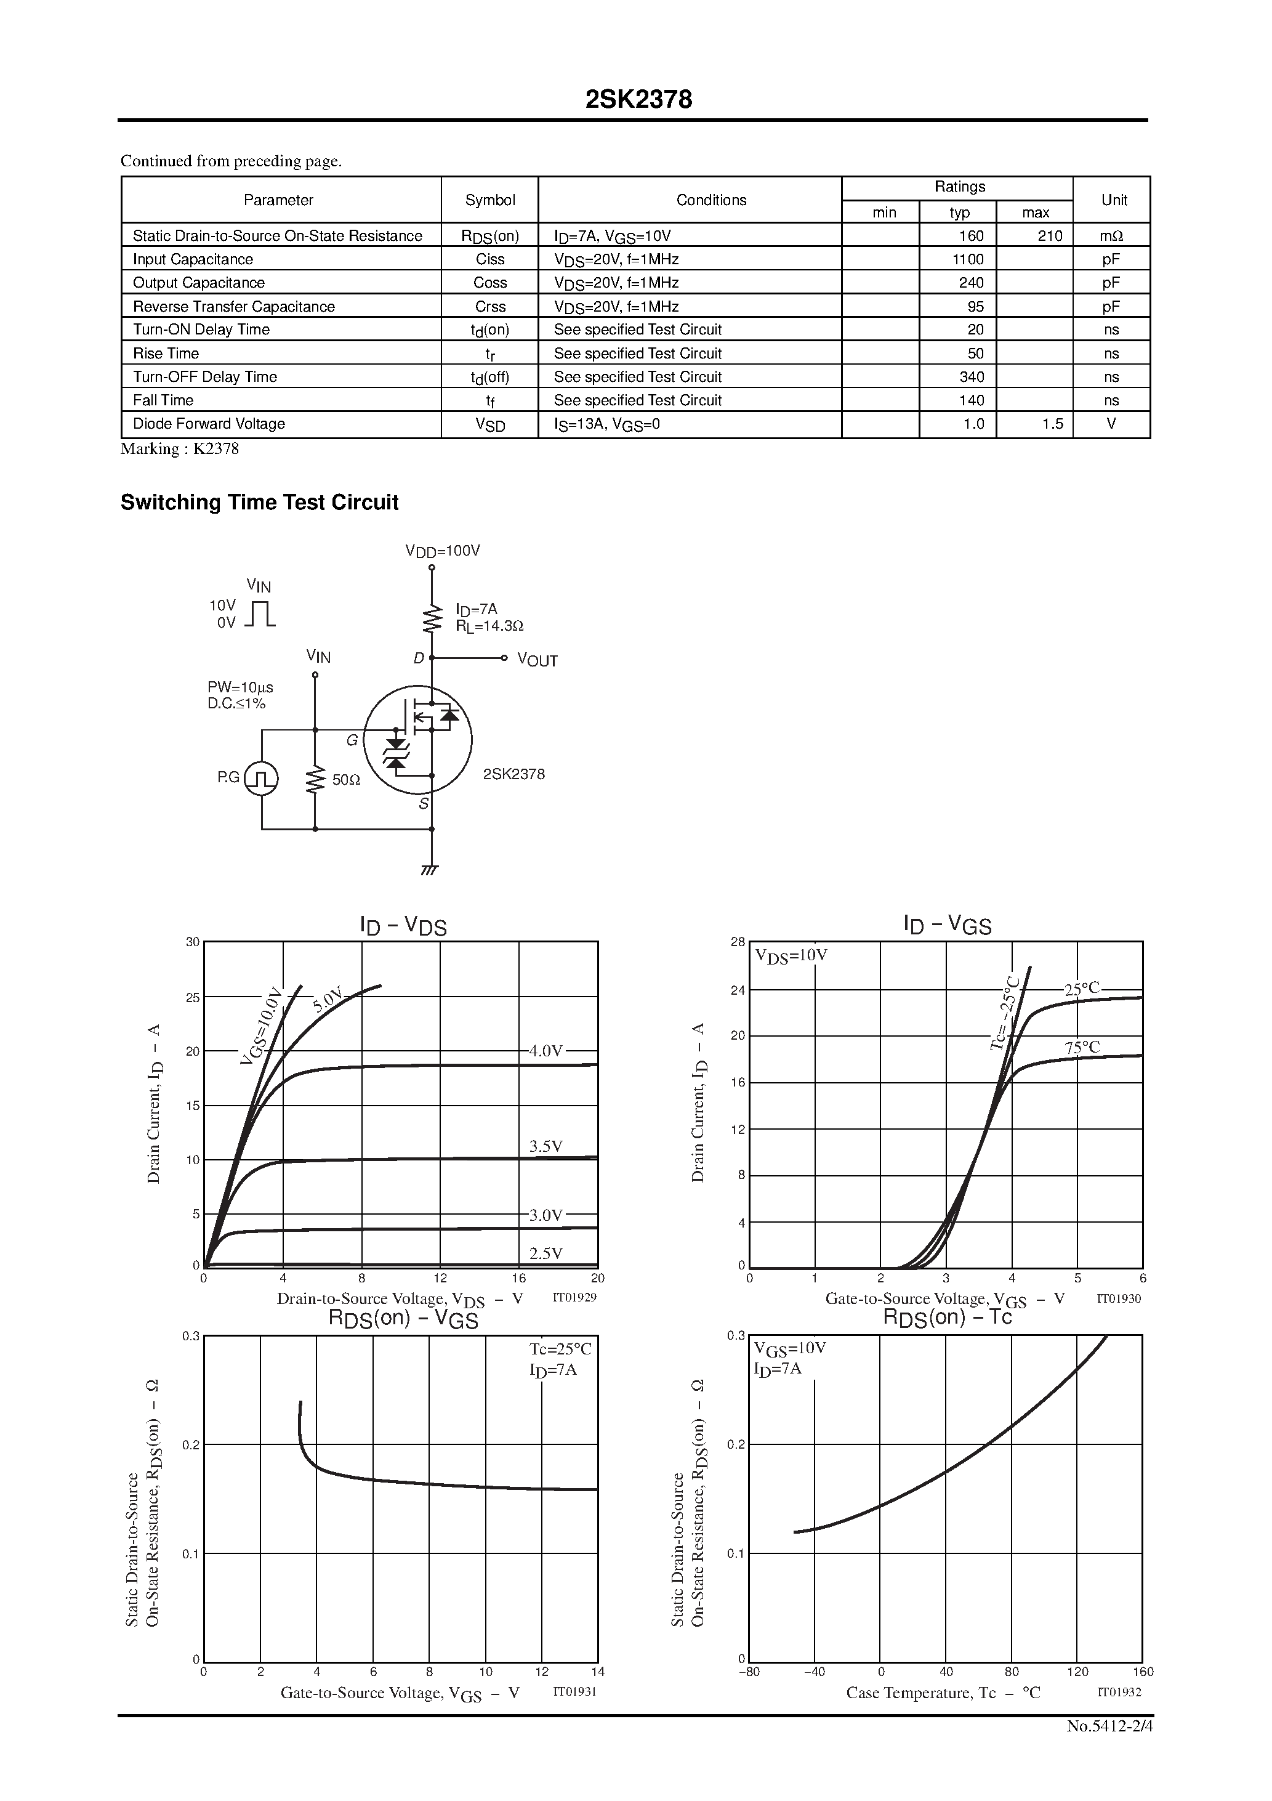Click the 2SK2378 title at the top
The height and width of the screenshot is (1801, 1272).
pyautogui.click(x=638, y=100)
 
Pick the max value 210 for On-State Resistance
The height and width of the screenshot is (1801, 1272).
pyautogui.click(x=1049, y=235)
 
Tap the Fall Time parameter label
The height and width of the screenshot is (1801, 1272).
pyautogui.click(x=163, y=400)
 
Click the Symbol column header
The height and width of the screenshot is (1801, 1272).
pyautogui.click(x=490, y=200)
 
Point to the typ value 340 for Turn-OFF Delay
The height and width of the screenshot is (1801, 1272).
pyautogui.click(x=972, y=376)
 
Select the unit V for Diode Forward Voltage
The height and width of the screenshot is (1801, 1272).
pyautogui.click(x=1111, y=424)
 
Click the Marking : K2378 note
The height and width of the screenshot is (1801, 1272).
pyautogui.click(x=180, y=448)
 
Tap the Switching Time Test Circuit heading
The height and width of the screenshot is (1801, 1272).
pyautogui.click(x=260, y=502)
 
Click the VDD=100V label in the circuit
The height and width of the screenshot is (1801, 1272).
pyautogui.click(x=442, y=551)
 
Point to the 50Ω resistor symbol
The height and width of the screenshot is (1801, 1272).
pyautogui.click(x=315, y=780)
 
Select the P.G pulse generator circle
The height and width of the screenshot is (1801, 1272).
pyautogui.click(x=261, y=778)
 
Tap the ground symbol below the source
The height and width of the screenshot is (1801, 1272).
pyautogui.click(x=430, y=870)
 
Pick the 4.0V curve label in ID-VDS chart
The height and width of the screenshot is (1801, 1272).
pyautogui.click(x=546, y=1050)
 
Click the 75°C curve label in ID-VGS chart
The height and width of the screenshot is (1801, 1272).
pyautogui.click(x=1082, y=1047)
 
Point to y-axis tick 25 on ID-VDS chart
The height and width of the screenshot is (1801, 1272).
pyautogui.click(x=192, y=997)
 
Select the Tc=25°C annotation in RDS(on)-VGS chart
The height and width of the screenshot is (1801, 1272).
pyautogui.click(x=560, y=1348)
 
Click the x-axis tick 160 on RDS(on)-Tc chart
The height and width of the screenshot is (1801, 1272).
pyautogui.click(x=1143, y=1672)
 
